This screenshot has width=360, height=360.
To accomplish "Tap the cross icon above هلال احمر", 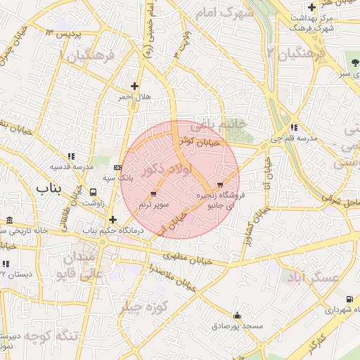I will pos(134,86).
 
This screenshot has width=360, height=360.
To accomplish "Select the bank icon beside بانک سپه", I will pos(117,167).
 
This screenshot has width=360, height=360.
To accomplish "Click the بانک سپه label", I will pos(119,179).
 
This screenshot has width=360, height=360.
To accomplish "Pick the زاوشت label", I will pos(94,202).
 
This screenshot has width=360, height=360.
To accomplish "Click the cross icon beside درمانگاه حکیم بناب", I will pos(112,219).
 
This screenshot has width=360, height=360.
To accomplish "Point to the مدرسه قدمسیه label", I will pos(72,167).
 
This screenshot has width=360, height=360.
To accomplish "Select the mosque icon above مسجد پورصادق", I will pos(238,315).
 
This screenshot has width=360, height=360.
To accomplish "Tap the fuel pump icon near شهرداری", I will pos(349,299).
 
